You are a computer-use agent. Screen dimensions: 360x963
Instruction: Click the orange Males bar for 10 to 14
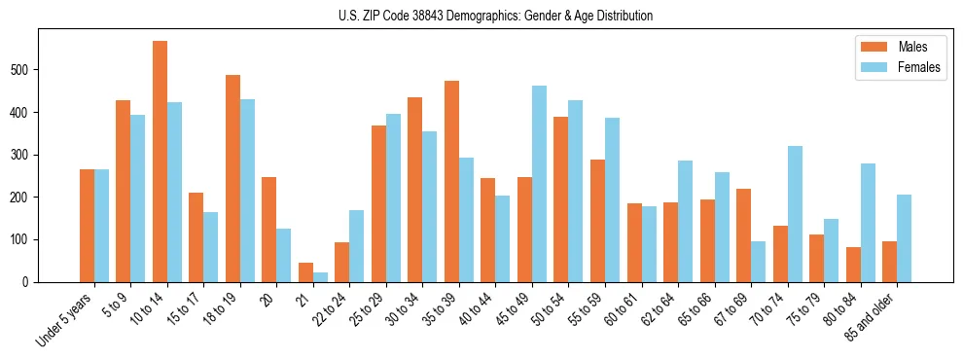coord(160,162)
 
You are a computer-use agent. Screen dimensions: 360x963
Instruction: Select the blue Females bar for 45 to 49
coord(539,184)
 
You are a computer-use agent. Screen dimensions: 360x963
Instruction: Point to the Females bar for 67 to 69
coord(759,262)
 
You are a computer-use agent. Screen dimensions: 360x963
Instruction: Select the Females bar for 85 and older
coord(905,238)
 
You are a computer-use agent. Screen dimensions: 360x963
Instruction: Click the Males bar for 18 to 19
coord(232,178)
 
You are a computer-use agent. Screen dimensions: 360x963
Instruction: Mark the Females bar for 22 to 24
coord(357,246)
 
